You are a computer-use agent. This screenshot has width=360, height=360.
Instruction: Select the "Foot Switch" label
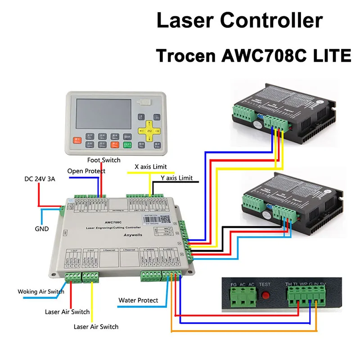pyautogui.click(x=104, y=160)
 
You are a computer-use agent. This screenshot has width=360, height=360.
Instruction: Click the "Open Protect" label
pyautogui.click(x=86, y=171)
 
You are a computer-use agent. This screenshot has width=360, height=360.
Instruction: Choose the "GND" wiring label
pyautogui.click(x=41, y=228)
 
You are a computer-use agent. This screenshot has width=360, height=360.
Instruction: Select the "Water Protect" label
pyautogui.click(x=138, y=300)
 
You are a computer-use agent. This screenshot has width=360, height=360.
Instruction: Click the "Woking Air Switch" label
pyautogui.click(x=41, y=292)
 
